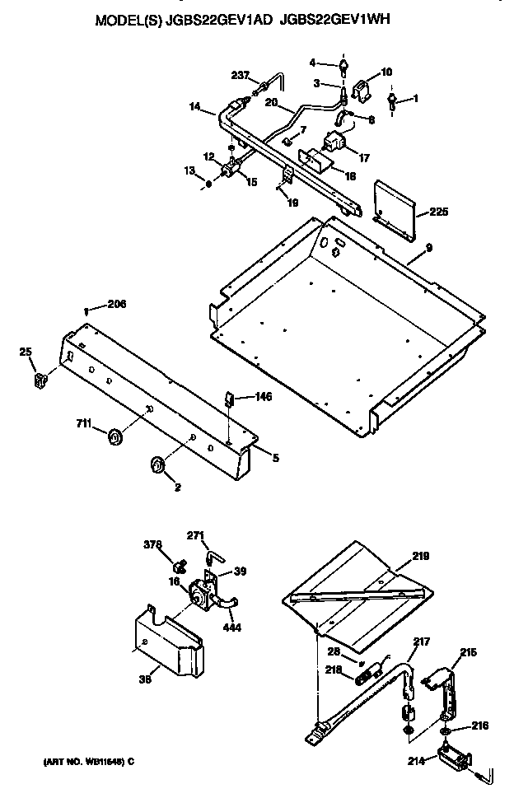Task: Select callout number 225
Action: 440,212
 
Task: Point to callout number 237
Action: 241,77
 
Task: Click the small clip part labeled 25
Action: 39,380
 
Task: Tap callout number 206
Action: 117,306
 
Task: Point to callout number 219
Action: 421,556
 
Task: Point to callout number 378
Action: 152,544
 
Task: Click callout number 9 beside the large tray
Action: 428,248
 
